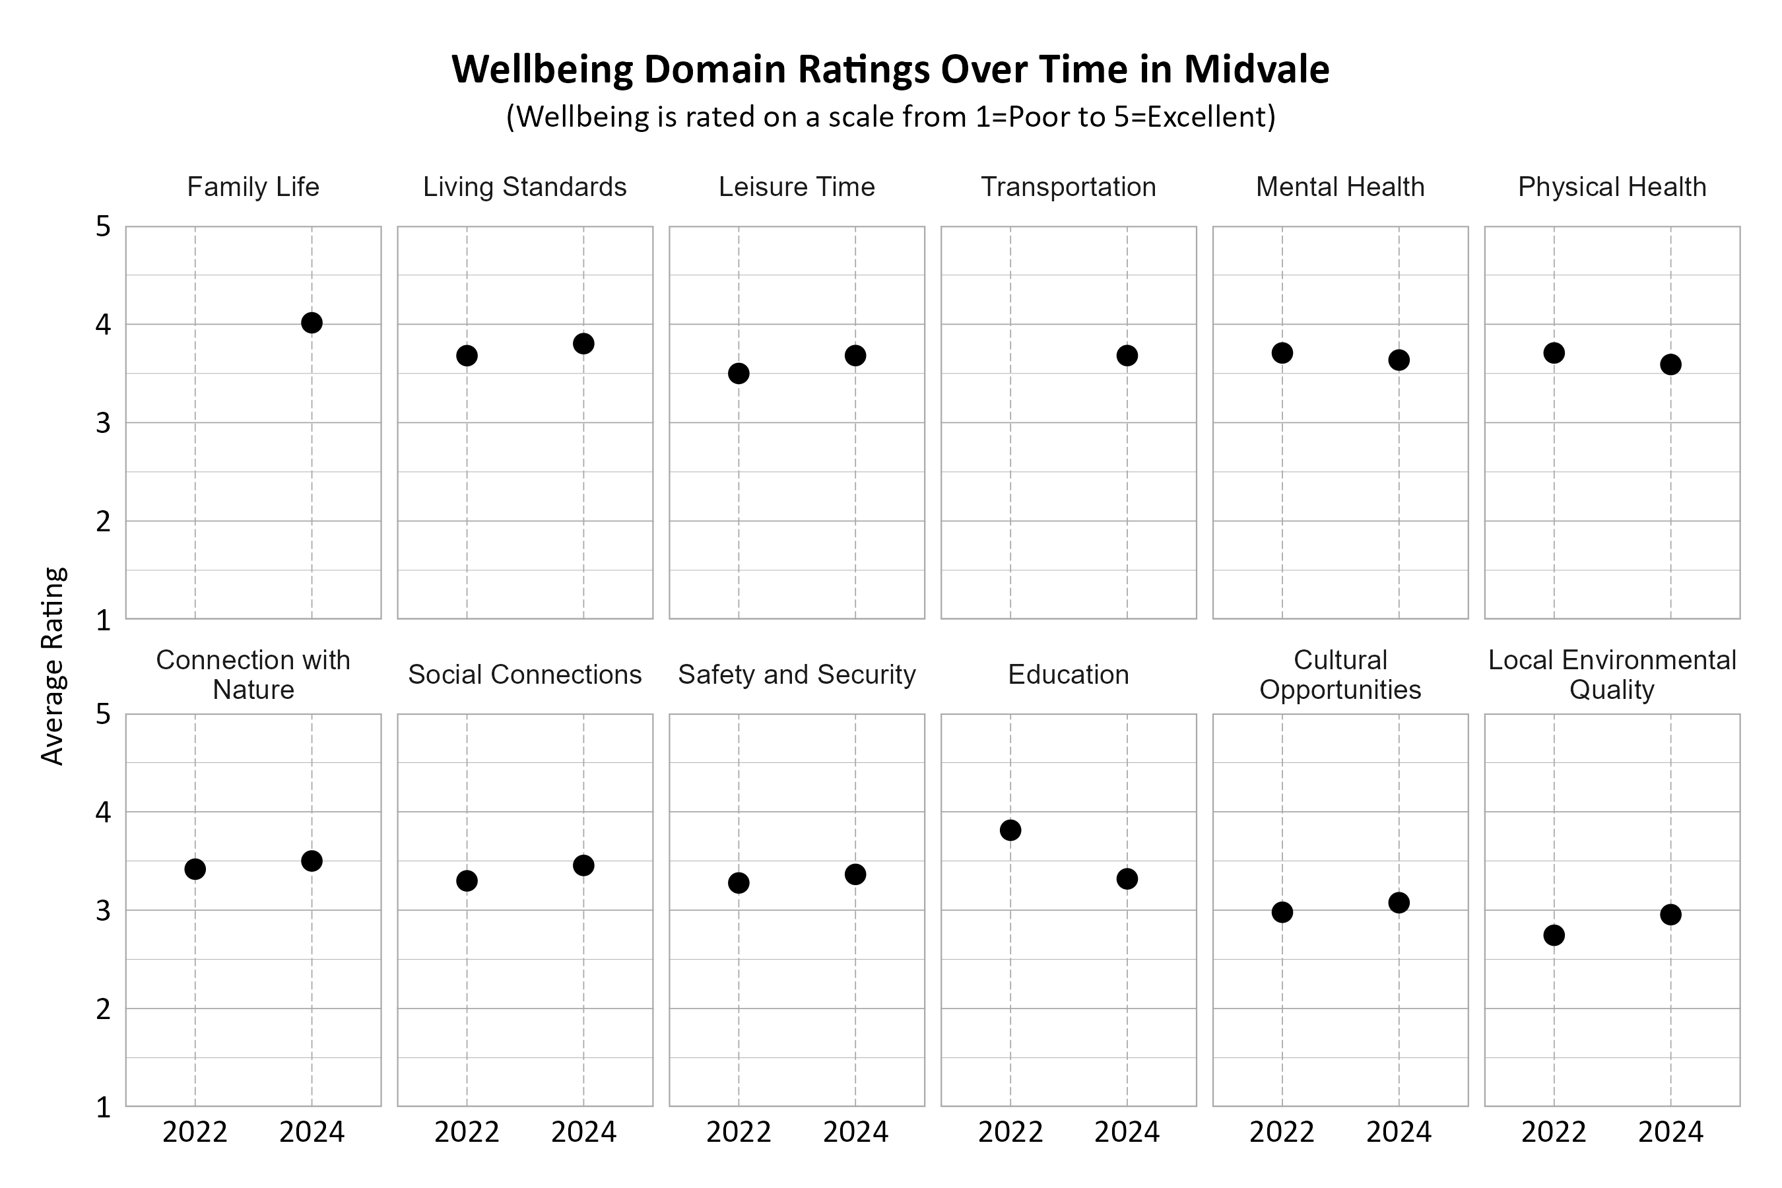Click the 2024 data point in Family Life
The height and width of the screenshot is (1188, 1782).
pyautogui.click(x=312, y=323)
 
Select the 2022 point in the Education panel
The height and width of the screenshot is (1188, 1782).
pyautogui.click(x=1010, y=830)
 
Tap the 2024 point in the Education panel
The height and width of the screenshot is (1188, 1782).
pyautogui.click(x=1127, y=879)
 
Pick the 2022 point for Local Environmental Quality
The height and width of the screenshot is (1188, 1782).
pyautogui.click(x=1554, y=935)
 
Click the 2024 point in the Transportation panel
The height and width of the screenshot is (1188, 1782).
pyautogui.click(x=1127, y=355)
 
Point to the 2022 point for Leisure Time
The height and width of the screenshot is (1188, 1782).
pyautogui.click(x=739, y=373)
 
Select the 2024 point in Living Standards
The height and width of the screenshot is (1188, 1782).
pyautogui.click(x=583, y=343)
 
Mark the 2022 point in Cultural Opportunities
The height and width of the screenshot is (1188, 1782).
pyautogui.click(x=1282, y=911)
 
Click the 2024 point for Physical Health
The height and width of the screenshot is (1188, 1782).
pyautogui.click(x=1670, y=364)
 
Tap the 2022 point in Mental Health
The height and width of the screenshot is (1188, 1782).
pyautogui.click(x=1282, y=352)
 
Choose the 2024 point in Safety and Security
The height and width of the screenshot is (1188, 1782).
pyautogui.click(x=855, y=874)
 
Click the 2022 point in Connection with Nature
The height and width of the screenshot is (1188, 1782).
pyautogui.click(x=195, y=869)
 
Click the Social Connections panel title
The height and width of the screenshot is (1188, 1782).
pyautogui.click(x=524, y=675)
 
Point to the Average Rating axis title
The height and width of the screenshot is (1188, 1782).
pyautogui.click(x=53, y=666)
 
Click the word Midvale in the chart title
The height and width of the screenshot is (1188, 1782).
pyautogui.click(x=1256, y=70)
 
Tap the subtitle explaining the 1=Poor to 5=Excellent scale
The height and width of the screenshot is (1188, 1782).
pyautogui.click(x=890, y=117)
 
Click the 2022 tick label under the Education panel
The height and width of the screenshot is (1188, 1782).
pyautogui.click(x=1010, y=1132)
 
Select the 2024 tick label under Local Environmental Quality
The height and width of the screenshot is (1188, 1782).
pyautogui.click(x=1670, y=1132)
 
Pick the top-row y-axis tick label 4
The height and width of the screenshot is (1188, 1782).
pyautogui.click(x=103, y=325)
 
